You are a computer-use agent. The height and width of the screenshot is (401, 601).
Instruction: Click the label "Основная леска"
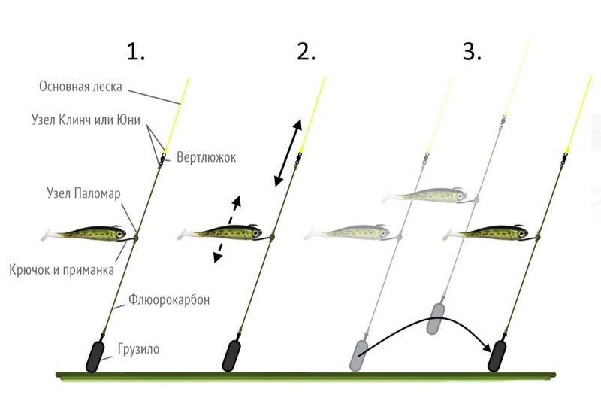point(80,86)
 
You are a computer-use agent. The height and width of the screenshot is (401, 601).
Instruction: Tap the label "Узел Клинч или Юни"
point(86,120)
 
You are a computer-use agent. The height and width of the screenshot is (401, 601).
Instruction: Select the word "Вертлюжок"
point(206,157)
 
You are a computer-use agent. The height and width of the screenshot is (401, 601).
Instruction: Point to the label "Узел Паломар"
point(83,193)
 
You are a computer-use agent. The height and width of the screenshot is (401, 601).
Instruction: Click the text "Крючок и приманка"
point(62,270)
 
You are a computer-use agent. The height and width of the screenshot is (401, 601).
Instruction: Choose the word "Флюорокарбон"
point(169,299)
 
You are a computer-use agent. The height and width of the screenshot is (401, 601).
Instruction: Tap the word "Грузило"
point(139,349)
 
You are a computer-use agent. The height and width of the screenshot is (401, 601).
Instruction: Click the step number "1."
point(136,52)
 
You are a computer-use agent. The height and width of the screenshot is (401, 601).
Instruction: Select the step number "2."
point(307,52)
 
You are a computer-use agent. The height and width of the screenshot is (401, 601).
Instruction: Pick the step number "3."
point(472,52)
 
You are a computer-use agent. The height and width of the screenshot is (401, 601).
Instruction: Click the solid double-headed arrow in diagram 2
point(288,153)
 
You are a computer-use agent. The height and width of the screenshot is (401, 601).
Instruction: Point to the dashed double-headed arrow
point(228,229)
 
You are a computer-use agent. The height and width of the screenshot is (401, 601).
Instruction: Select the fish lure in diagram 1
point(83,233)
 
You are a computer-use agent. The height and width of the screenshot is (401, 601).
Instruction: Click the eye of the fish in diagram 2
point(255,232)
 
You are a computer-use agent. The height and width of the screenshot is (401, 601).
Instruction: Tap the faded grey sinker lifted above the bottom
point(436,318)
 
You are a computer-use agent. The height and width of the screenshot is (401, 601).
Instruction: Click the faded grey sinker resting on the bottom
point(359,355)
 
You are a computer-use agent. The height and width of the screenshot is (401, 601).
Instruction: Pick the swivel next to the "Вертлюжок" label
point(162,159)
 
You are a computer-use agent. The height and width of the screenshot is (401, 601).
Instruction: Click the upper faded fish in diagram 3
point(424,196)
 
